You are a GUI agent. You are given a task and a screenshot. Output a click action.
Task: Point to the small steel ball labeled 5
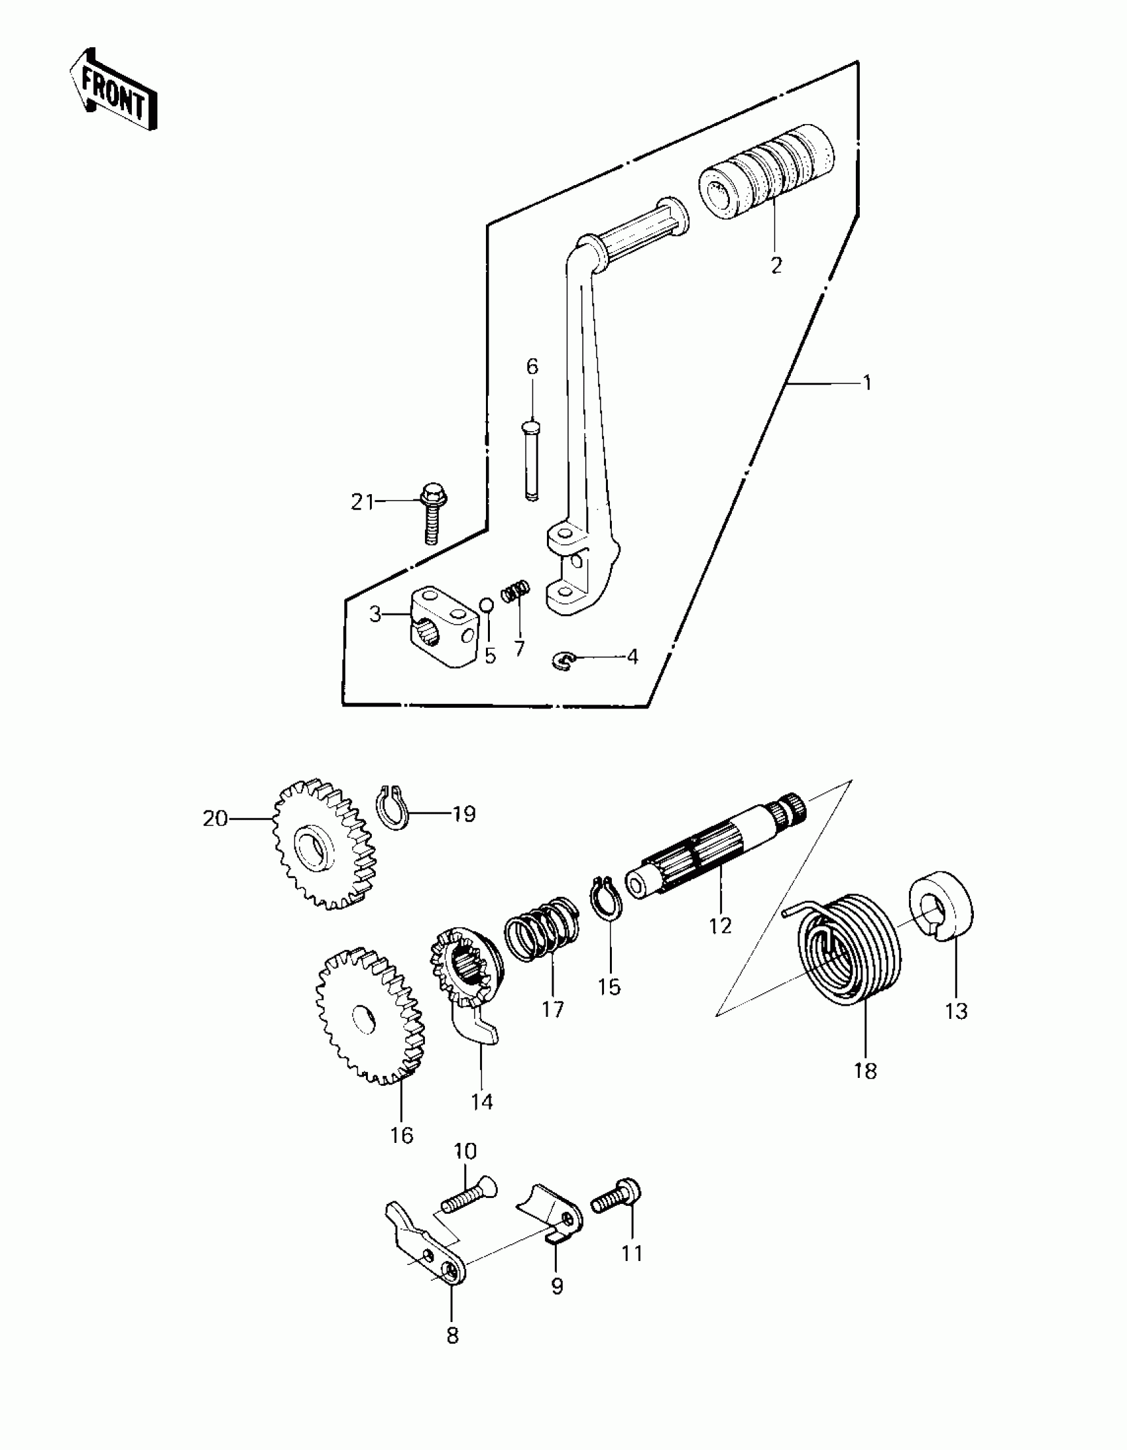487,604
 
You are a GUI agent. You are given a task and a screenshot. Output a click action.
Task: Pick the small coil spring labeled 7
516,590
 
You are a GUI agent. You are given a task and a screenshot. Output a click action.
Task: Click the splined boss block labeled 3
441,626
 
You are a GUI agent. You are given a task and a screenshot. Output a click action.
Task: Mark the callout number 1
866,383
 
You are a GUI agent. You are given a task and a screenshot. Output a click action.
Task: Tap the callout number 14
482,1102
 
